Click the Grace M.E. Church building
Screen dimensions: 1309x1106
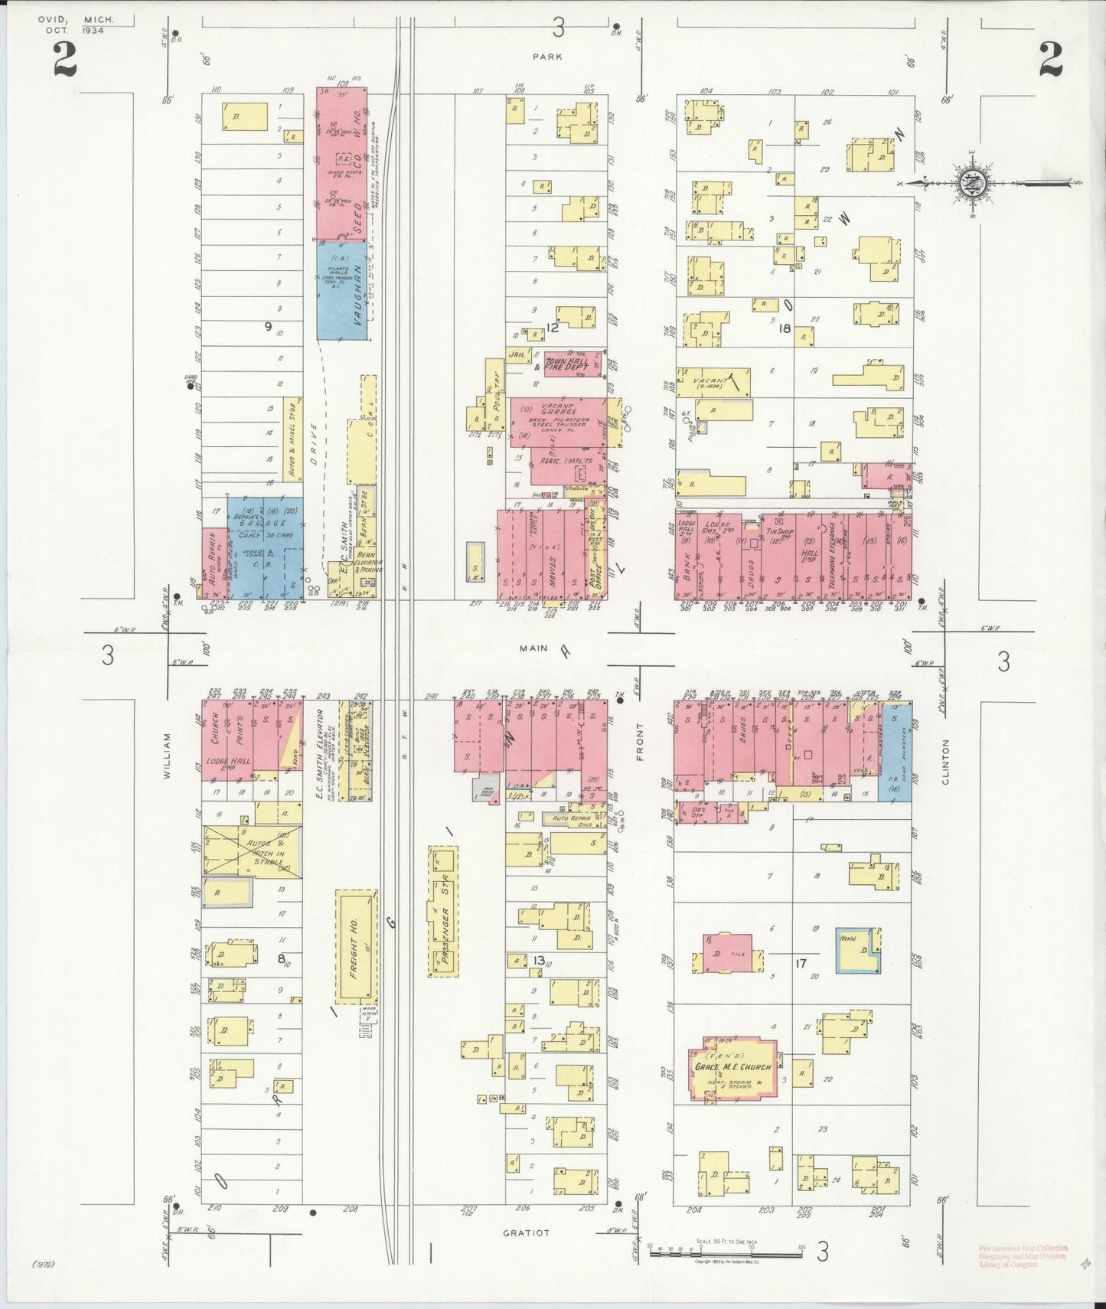732,1070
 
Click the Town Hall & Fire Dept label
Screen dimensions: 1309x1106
566,364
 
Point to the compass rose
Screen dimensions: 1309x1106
971,183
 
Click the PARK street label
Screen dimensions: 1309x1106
548,57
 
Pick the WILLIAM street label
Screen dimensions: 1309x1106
168,756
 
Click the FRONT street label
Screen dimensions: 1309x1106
640,741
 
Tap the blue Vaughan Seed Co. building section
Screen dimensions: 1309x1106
341,289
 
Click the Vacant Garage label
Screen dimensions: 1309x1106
559,410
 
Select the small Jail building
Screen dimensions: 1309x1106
519,355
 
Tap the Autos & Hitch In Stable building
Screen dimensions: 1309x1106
251,851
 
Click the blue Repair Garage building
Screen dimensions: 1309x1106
264,547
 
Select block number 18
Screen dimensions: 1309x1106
785,328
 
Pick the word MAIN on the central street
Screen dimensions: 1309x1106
533,648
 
